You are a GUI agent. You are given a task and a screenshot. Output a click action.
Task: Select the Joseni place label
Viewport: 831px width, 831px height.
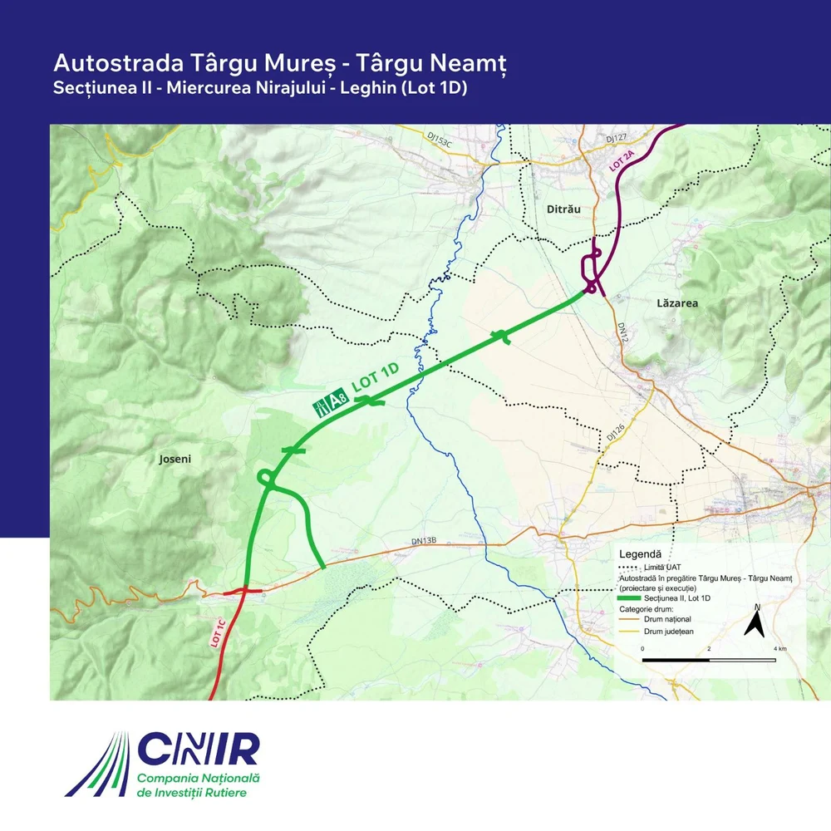(175, 458)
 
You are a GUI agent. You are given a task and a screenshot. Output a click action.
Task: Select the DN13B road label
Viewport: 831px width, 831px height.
(424, 541)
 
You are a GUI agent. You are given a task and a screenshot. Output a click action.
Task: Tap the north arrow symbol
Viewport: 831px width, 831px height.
(755, 622)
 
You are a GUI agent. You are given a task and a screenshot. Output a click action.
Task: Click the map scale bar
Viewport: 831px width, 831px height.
(709, 660)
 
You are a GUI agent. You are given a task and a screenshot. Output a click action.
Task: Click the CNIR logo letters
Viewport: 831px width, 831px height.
(200, 749)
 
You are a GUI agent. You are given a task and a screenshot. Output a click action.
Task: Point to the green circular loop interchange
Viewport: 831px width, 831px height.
(267, 478)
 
